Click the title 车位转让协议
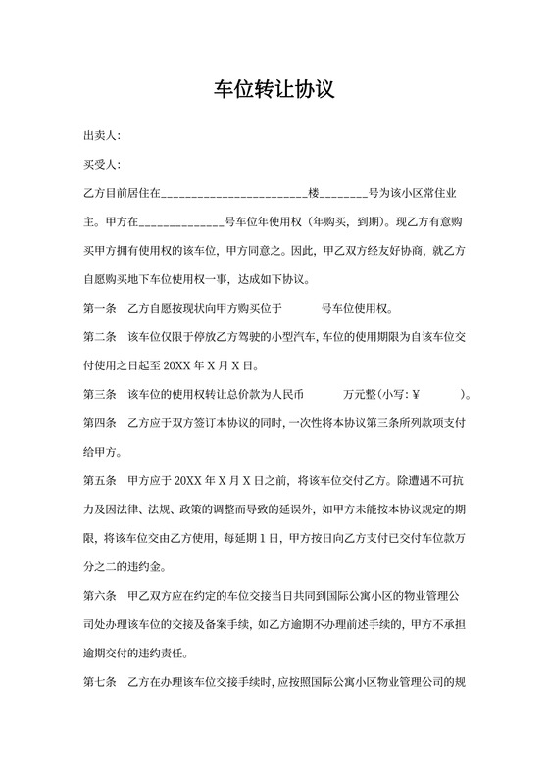(x=274, y=90)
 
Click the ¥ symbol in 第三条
(x=416, y=396)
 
